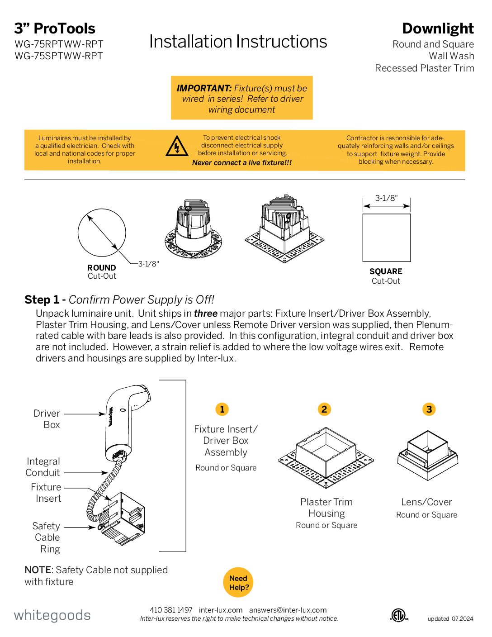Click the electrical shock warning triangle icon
tap(177, 147)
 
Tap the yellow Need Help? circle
tap(238, 582)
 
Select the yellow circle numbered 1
tap(222, 409)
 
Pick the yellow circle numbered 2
tap(324, 409)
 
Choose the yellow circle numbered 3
tap(429, 409)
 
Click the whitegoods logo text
tap(52, 615)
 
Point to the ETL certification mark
tap(398, 615)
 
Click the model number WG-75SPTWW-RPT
tap(59, 56)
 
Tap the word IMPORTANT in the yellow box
tap(204, 88)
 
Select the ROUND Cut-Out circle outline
tap(102, 233)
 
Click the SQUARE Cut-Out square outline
tap(387, 238)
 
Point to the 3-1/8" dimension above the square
tap(387, 198)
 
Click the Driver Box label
tap(47, 419)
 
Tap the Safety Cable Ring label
tap(47, 537)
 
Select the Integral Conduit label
tap(43, 467)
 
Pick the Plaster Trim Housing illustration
tap(326, 457)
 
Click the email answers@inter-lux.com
tap(288, 610)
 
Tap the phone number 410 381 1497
tap(171, 610)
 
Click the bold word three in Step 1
tap(206, 314)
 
